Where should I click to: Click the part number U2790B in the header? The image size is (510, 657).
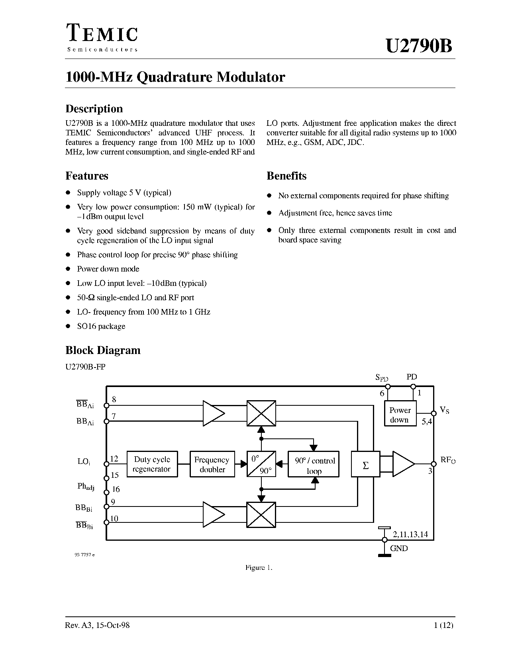click(419, 46)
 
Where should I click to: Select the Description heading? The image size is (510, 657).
click(94, 109)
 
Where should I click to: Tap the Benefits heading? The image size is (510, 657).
click(286, 176)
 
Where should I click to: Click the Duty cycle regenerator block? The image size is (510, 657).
click(152, 464)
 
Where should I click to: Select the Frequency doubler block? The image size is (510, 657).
click(212, 464)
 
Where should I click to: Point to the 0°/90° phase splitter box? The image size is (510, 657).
click(261, 464)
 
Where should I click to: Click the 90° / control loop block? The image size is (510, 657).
click(314, 464)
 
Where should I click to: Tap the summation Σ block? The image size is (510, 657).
click(365, 464)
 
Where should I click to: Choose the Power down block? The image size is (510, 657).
click(400, 415)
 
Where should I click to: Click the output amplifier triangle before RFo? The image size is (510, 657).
click(403, 464)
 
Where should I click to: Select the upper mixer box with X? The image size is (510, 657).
click(261, 413)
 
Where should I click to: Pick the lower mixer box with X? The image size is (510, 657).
click(261, 514)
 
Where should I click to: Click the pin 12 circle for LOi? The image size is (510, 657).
click(106, 464)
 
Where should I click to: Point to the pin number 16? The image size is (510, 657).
click(116, 489)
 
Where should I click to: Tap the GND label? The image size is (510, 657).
click(399, 548)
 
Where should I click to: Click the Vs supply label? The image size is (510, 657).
click(444, 410)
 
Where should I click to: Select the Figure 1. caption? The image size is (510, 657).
click(259, 568)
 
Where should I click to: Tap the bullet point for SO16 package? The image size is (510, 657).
click(68, 326)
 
